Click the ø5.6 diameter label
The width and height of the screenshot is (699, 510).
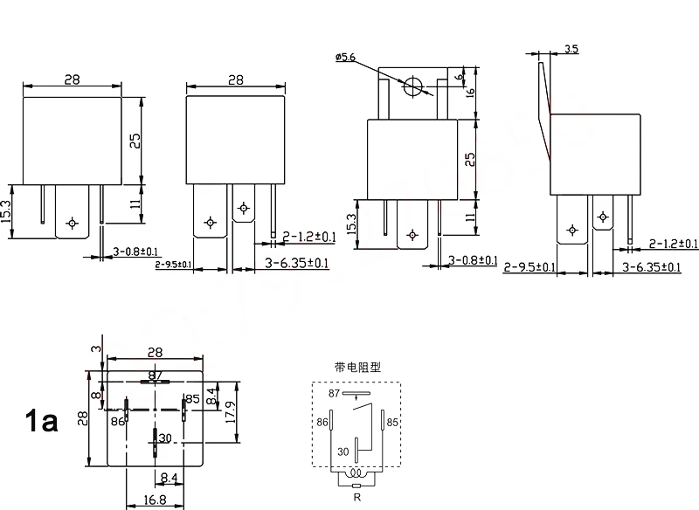(x=345, y=57)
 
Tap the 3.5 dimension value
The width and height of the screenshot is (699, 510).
(x=571, y=49)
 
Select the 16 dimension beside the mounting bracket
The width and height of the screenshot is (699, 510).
(x=470, y=93)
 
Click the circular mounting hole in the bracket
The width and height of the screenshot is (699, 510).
(x=412, y=86)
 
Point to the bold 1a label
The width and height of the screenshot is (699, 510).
(x=41, y=421)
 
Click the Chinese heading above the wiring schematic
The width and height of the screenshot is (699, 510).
(x=357, y=368)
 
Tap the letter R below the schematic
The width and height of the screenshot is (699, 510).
(x=356, y=498)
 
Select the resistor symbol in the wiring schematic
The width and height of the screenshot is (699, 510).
(x=356, y=486)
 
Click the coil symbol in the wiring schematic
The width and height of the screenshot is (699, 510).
(x=356, y=473)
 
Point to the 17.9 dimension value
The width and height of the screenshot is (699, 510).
(x=231, y=412)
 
